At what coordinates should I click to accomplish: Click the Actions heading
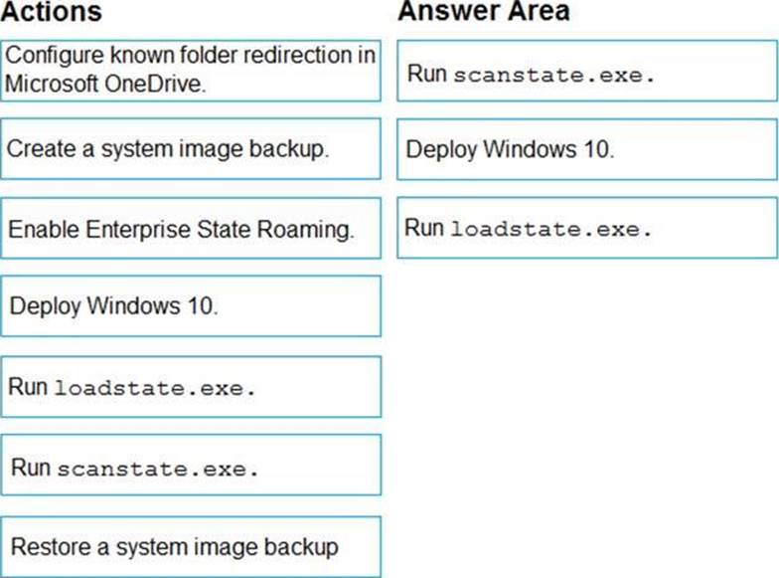[x=52, y=11]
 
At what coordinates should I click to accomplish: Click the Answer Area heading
[x=483, y=11]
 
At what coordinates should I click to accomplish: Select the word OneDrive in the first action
[x=155, y=84]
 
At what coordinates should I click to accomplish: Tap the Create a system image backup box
[x=191, y=149]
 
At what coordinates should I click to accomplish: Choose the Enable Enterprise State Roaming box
[x=191, y=229]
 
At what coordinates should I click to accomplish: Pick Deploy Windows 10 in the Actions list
[x=191, y=306]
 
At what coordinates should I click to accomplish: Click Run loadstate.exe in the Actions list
[x=191, y=386]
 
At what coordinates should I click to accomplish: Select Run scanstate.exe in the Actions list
[x=191, y=466]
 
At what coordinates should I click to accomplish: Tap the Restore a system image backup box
[x=191, y=547]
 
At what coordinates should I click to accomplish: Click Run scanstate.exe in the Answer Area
[x=586, y=71]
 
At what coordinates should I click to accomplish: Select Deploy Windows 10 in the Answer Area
[x=586, y=149]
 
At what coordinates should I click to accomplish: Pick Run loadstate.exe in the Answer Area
[x=586, y=228]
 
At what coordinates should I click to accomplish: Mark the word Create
[x=42, y=149]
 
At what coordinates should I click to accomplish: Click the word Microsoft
[x=52, y=84]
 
